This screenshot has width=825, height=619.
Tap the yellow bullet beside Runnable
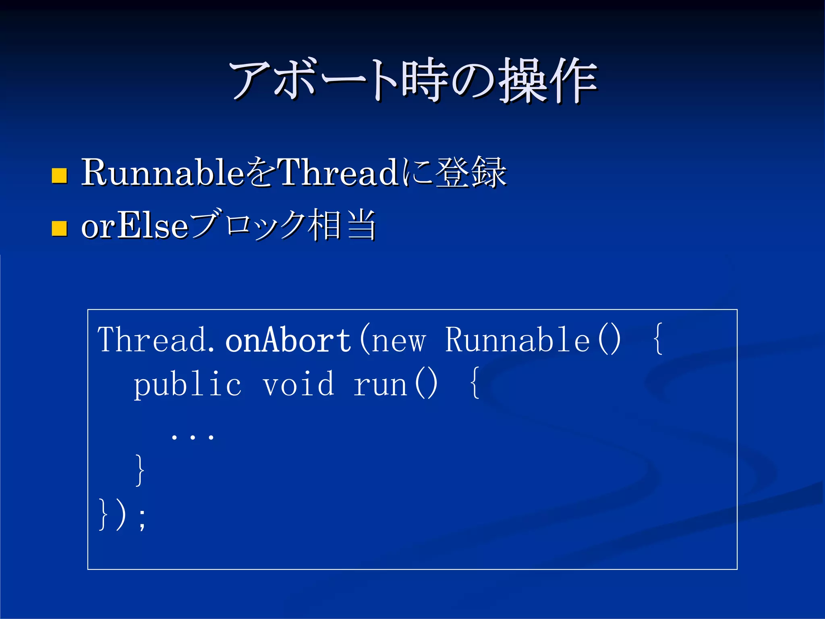pos(59,176)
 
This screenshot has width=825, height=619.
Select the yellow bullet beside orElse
pos(59,228)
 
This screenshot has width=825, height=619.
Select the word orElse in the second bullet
pos(135,226)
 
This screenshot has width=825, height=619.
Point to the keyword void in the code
pos(298,384)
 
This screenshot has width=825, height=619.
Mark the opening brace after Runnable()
pos(657,340)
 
